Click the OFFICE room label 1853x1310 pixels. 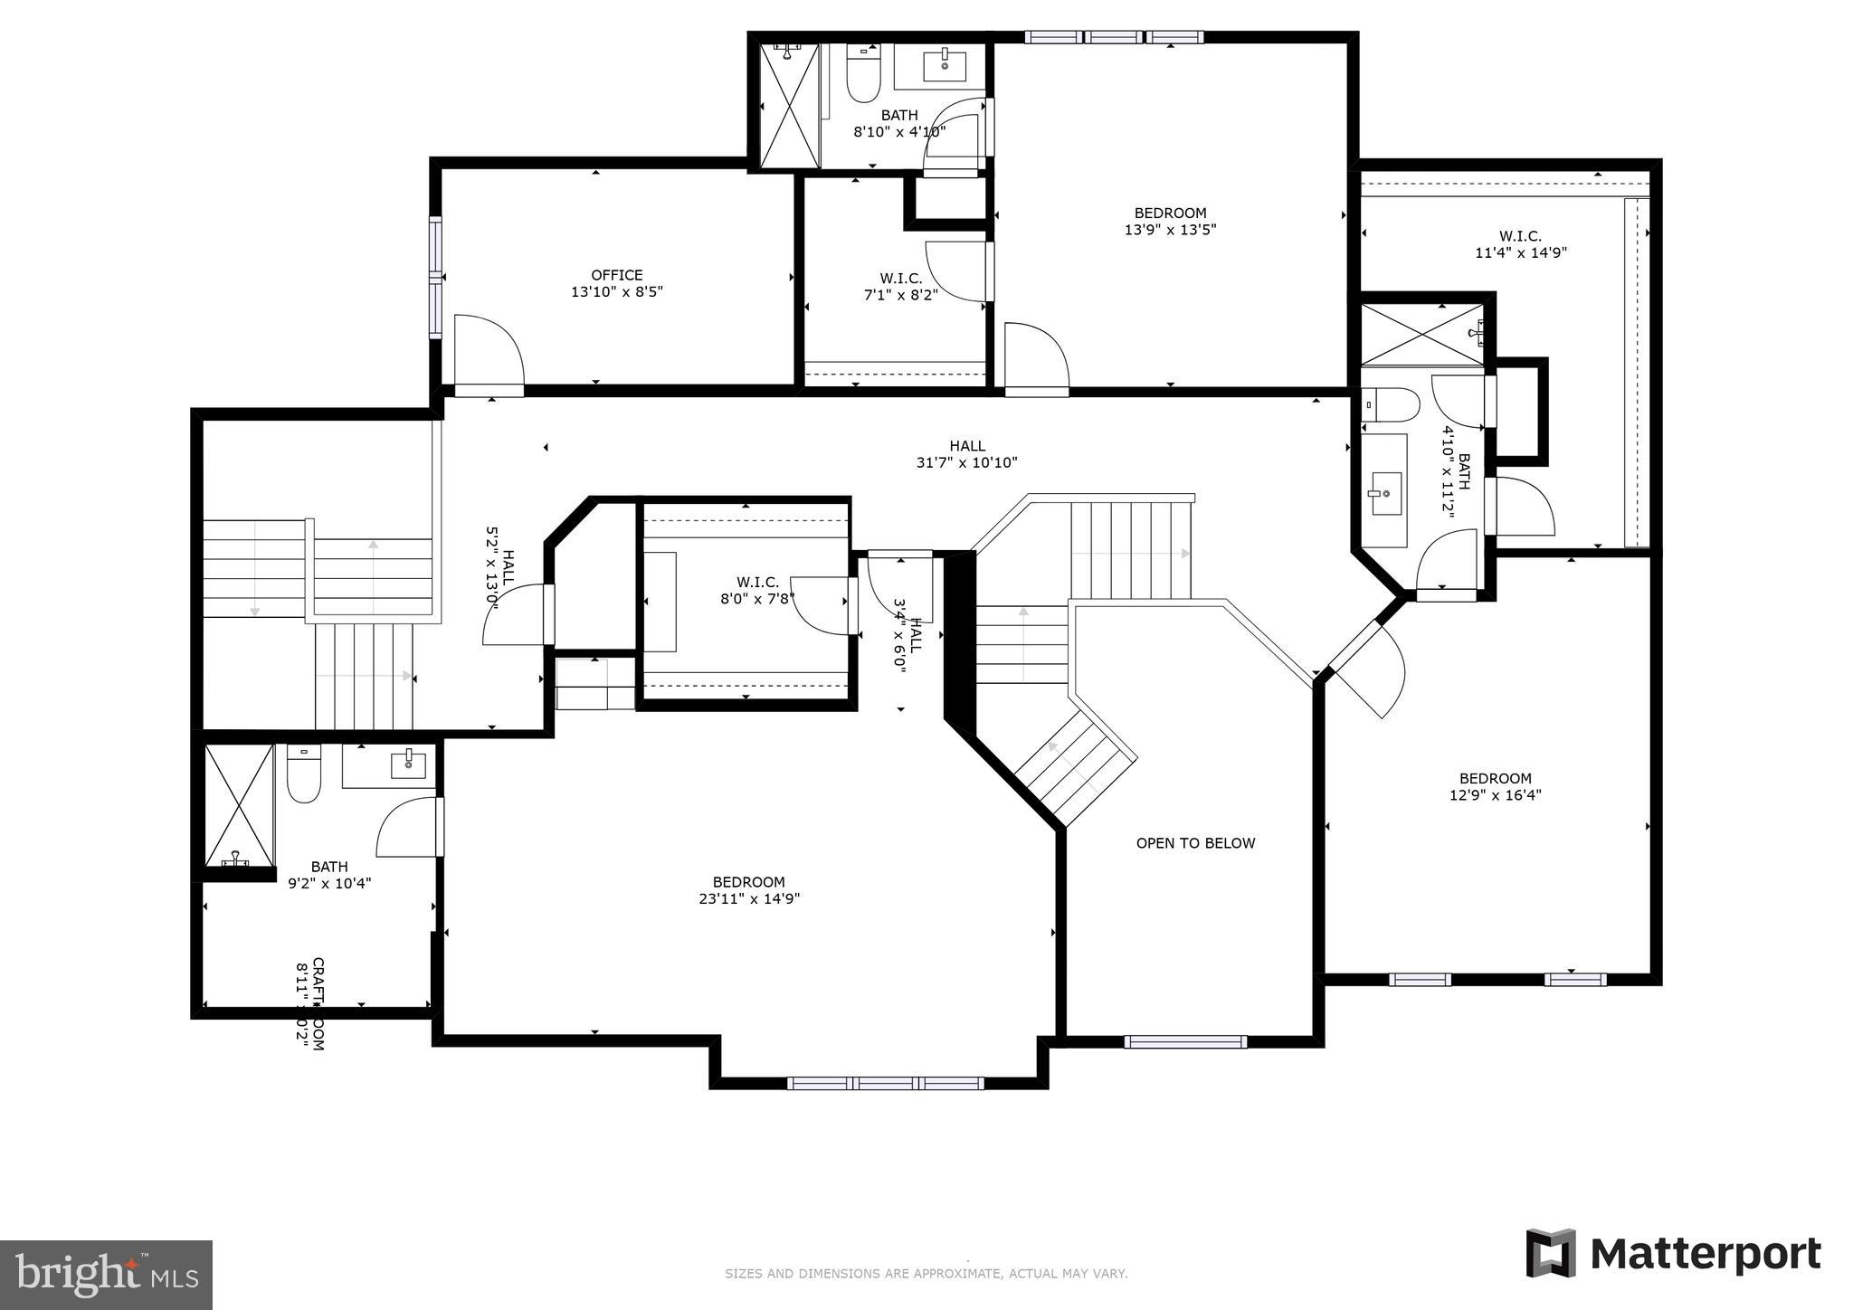(617, 275)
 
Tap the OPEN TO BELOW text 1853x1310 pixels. (1195, 843)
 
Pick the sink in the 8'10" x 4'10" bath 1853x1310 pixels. (944, 66)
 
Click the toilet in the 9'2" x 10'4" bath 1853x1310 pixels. (304, 775)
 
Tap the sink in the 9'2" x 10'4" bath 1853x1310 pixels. (408, 764)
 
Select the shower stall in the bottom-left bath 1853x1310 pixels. (238, 805)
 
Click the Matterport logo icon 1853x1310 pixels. (1551, 1253)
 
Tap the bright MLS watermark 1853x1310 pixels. (106, 1275)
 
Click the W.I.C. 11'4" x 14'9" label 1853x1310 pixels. (1520, 244)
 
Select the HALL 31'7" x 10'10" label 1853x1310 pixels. (966, 454)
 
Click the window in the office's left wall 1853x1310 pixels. (435, 278)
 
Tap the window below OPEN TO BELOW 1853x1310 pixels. (1185, 1041)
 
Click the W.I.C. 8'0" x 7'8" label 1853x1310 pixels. (757, 590)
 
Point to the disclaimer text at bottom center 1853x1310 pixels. (926, 1274)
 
